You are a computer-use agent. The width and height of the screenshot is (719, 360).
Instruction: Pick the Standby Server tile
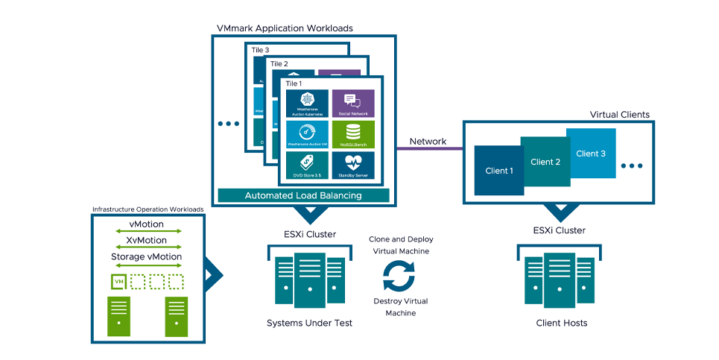coord(353,165)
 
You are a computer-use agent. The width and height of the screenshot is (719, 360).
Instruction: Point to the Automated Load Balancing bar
coord(303,195)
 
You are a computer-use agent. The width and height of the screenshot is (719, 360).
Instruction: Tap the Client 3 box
coord(592,153)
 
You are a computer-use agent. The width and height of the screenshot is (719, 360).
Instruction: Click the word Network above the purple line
coord(428,141)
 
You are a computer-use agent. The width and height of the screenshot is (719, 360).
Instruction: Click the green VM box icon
coord(118,281)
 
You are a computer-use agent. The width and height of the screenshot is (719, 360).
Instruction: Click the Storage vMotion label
coord(146,257)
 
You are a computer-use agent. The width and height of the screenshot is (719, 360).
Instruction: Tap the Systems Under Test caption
coord(309,323)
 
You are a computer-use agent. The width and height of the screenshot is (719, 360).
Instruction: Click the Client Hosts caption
coord(561,323)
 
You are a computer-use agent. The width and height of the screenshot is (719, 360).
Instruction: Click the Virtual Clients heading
coord(619,115)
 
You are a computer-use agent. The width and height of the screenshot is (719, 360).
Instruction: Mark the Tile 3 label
coord(260,50)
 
